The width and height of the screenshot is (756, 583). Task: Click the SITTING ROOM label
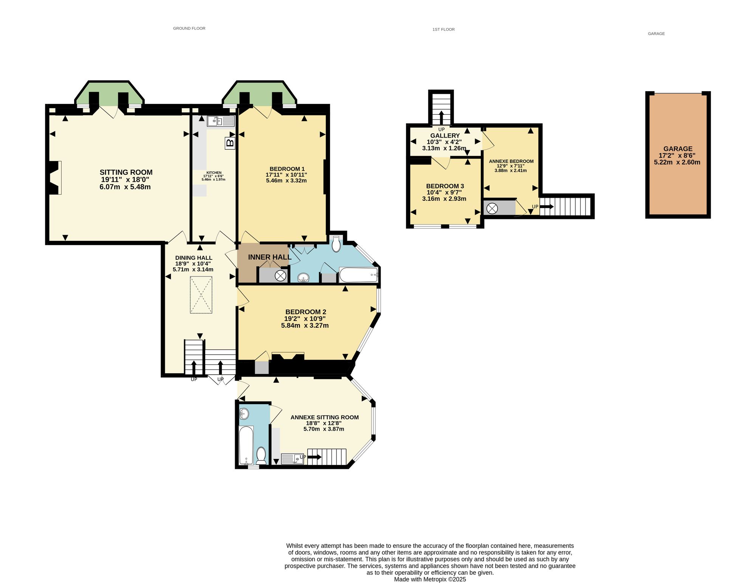126,172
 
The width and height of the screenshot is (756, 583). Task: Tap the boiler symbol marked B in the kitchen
230,143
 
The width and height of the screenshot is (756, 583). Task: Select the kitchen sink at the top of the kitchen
221,121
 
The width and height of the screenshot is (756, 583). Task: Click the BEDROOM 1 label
287,169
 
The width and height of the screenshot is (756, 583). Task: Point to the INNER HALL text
270,257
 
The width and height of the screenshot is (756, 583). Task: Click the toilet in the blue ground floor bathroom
336,244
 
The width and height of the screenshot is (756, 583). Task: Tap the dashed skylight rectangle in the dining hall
201,295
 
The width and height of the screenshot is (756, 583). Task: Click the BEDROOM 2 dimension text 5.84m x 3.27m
305,326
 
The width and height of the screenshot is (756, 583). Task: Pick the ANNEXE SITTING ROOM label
325,417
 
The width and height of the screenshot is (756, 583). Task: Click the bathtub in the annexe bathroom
246,445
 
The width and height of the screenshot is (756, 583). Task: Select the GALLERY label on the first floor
445,135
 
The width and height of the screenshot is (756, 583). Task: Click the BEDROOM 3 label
445,186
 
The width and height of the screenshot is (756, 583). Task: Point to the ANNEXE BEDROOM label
511,161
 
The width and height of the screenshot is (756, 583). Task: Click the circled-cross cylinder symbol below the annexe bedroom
493,208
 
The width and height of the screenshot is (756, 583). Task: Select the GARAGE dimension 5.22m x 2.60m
677,162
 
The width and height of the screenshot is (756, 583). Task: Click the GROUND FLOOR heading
189,28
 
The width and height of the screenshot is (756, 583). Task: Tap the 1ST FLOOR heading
443,29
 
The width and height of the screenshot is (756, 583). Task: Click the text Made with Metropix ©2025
430,579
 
